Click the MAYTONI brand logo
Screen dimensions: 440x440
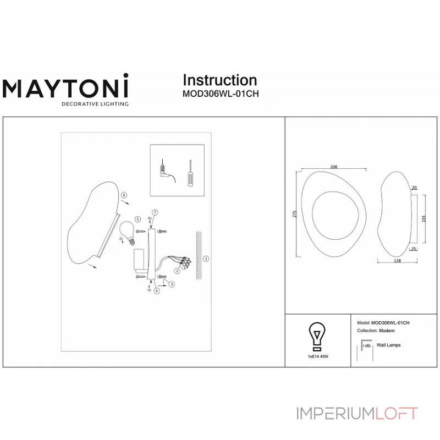click(x=66, y=88)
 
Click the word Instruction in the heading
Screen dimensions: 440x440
click(x=219, y=80)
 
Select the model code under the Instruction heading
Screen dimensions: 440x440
click(x=220, y=94)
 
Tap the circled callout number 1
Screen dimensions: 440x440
click(x=206, y=258)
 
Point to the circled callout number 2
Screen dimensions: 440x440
click(x=177, y=271)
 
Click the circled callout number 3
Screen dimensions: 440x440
click(x=172, y=284)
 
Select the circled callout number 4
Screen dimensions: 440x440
click(x=157, y=291)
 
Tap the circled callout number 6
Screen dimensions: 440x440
click(x=124, y=195)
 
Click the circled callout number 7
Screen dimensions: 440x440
click(x=155, y=212)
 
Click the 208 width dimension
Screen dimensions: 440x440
click(x=334, y=167)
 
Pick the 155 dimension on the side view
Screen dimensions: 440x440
click(x=424, y=218)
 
